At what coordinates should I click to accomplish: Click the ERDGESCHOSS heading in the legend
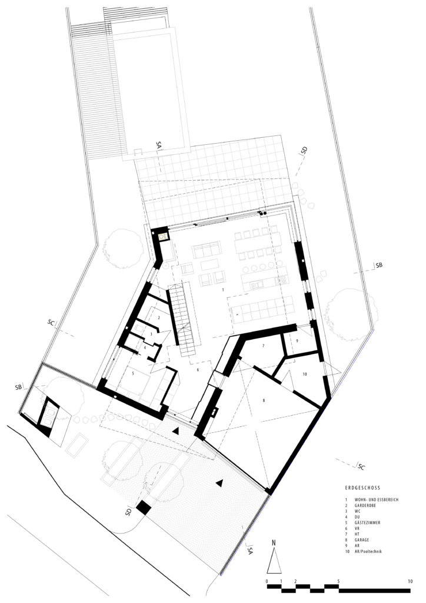point(362,488)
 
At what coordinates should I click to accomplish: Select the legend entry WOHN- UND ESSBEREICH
point(377,499)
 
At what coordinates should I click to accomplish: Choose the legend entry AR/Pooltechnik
point(368,551)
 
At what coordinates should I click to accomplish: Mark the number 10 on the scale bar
point(410,581)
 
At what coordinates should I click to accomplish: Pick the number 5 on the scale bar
point(338,581)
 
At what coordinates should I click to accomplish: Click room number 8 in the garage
point(264,400)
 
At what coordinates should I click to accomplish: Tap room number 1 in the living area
point(223,290)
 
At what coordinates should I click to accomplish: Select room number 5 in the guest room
point(133,373)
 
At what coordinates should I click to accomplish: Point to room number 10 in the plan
point(305,374)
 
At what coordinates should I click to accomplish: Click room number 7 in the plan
point(263,346)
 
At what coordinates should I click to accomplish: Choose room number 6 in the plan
point(198,370)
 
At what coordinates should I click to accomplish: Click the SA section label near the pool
point(159,145)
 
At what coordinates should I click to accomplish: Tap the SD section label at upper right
point(305,150)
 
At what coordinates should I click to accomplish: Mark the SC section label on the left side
point(51,322)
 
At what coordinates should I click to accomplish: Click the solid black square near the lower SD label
point(144,507)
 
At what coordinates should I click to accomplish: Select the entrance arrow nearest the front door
point(175,431)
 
